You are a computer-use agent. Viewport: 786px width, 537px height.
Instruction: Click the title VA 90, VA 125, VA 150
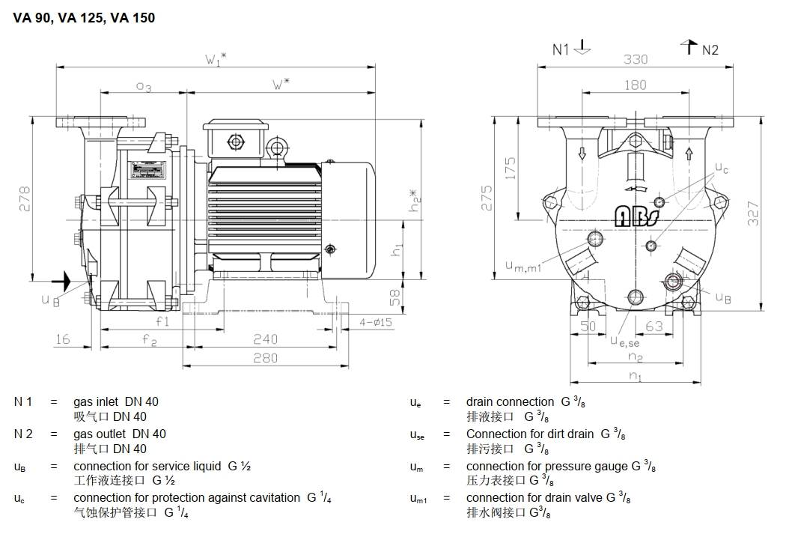point(84,17)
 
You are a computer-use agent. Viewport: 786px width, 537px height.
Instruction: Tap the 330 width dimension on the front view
point(635,59)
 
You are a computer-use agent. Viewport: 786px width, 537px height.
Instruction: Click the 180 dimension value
point(635,85)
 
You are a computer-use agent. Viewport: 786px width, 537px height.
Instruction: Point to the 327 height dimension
point(754,213)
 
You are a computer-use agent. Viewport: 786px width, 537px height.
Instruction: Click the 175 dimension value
point(511,167)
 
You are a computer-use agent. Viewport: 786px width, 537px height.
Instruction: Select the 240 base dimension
point(265,339)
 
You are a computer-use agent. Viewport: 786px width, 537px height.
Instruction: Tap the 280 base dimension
point(265,357)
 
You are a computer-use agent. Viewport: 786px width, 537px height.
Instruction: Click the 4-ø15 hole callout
point(376,323)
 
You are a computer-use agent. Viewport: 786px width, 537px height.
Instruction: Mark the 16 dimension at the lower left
point(62,339)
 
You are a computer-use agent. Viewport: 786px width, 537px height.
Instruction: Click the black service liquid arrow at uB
point(61,282)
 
